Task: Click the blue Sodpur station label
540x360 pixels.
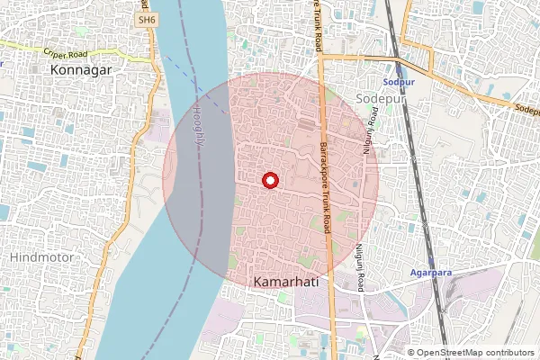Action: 397,81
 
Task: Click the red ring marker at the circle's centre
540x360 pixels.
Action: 268,181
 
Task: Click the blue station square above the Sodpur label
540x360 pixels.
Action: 397,67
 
